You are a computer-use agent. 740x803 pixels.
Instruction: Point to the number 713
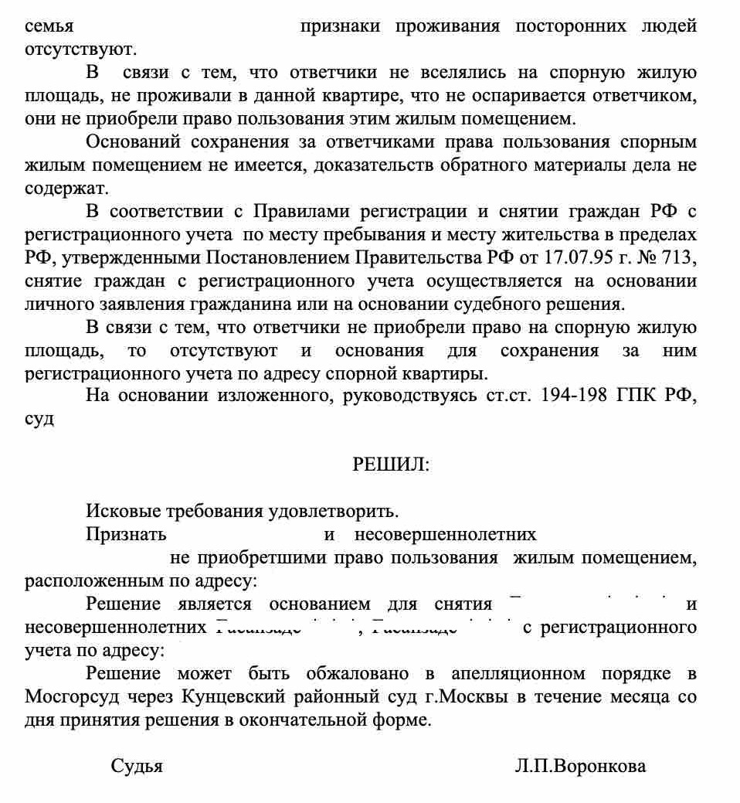pyautogui.click(x=681, y=257)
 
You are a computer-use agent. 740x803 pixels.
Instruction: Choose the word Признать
pyautogui.click(x=126, y=534)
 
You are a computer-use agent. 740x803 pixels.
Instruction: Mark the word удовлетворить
pyautogui.click(x=334, y=511)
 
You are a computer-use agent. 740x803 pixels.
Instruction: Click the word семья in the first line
pyautogui.click(x=49, y=26)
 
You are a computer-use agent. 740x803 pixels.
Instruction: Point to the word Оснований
pyautogui.click(x=133, y=142)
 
